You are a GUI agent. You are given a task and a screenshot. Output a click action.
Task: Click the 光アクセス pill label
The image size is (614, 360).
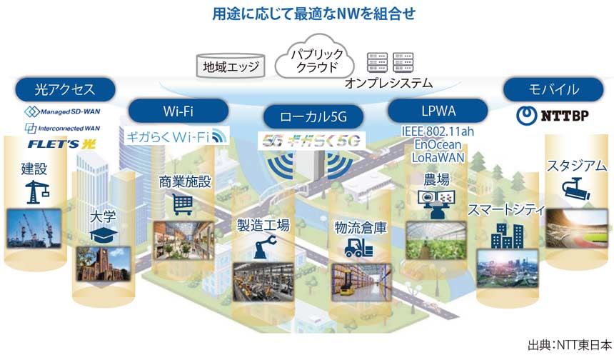point(64,90)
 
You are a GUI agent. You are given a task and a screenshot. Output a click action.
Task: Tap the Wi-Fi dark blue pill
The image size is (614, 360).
point(178,111)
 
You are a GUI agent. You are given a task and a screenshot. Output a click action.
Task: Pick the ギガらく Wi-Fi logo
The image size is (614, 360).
point(176,136)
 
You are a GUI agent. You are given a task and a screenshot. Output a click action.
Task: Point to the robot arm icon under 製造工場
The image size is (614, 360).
point(261,248)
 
